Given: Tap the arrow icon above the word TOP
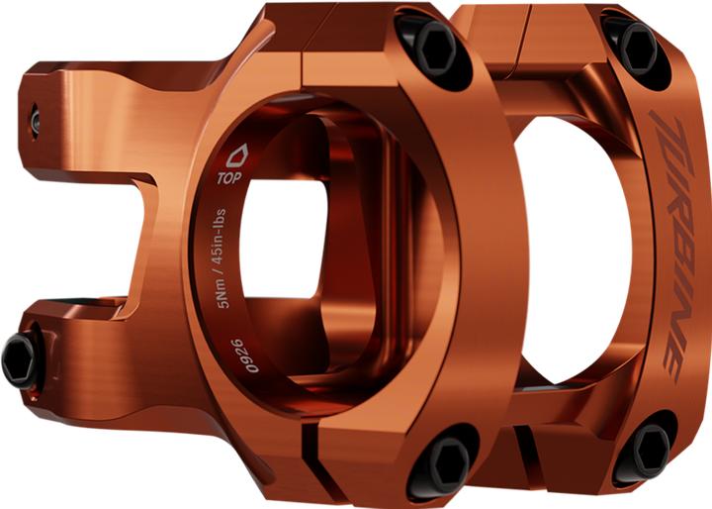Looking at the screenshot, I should pyautogui.click(x=235, y=157).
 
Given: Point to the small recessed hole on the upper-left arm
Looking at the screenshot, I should pyautogui.click(x=36, y=120).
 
